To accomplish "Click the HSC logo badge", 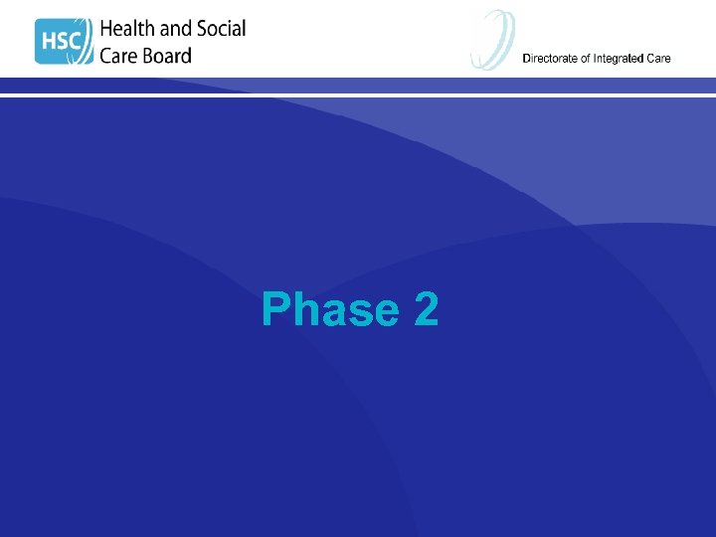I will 64,41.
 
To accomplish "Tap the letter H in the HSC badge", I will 47,42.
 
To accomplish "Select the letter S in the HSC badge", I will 65,42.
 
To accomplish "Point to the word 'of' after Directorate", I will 586,59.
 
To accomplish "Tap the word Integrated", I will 619,59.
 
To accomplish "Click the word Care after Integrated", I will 658,59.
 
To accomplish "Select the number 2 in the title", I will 426,310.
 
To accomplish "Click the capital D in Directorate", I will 527,59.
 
